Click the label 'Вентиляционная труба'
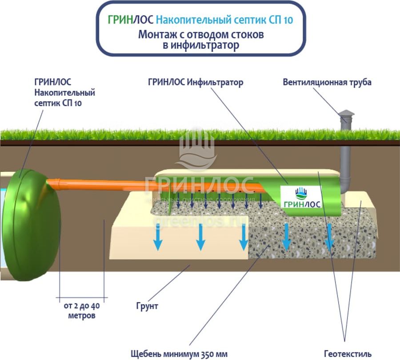click(327, 82)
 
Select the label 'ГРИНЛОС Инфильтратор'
click(196, 83)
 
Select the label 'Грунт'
click(147, 306)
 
